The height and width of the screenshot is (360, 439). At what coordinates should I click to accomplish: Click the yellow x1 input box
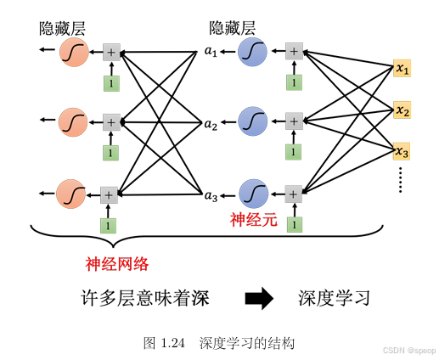click(402, 68)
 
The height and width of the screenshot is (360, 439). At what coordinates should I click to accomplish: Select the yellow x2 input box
click(402, 110)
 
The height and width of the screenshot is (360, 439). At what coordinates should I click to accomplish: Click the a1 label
click(211, 53)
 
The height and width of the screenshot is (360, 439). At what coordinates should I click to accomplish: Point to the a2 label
click(211, 124)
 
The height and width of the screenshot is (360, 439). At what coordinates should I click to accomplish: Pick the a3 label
click(211, 195)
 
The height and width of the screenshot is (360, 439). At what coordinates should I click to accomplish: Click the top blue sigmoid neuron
click(253, 53)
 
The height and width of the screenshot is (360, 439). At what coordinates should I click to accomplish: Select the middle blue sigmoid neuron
click(253, 124)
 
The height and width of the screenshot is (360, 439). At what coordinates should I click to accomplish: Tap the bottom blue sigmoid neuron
click(253, 194)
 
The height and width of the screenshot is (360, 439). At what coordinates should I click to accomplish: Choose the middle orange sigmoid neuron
click(72, 124)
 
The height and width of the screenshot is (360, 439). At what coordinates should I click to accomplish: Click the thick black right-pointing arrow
click(259, 298)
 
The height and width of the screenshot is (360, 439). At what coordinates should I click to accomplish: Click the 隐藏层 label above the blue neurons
click(236, 28)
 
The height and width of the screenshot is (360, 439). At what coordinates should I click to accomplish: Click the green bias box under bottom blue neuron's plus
click(293, 224)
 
